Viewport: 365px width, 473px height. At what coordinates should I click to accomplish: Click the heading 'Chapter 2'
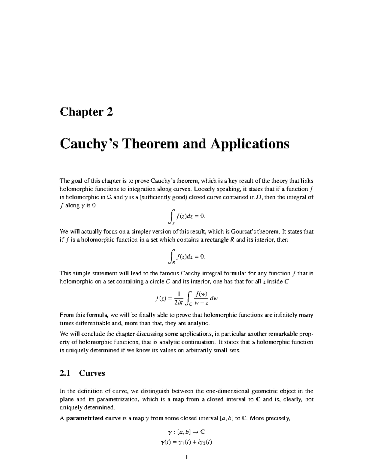pos(86,112)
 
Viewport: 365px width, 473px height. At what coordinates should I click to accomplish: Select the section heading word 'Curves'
pos(92,373)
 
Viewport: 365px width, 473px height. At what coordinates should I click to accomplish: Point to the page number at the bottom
pos(187,458)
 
